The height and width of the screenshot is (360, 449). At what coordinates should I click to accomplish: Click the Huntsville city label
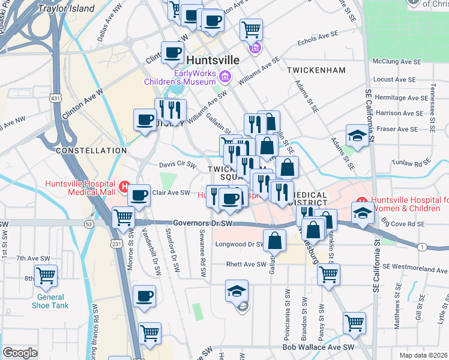tap(213, 61)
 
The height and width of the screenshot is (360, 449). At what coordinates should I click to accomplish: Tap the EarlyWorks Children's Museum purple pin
tap(225, 76)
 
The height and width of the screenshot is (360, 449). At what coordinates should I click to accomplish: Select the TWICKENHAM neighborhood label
tap(316, 70)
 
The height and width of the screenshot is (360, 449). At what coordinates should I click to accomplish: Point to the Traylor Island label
tap(66, 8)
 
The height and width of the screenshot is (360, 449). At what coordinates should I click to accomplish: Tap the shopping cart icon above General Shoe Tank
tap(46, 276)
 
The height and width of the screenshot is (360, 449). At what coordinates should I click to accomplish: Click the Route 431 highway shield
tap(55, 98)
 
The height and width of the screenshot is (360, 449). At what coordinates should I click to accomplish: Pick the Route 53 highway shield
tap(89, 224)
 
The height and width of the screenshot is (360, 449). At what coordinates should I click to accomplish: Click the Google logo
tap(19, 353)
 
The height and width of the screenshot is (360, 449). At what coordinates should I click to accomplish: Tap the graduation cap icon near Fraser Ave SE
tap(357, 136)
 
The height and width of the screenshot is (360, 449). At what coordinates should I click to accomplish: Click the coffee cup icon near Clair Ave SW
tap(139, 195)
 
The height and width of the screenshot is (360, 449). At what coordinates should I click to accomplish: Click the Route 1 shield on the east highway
tap(423, 247)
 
